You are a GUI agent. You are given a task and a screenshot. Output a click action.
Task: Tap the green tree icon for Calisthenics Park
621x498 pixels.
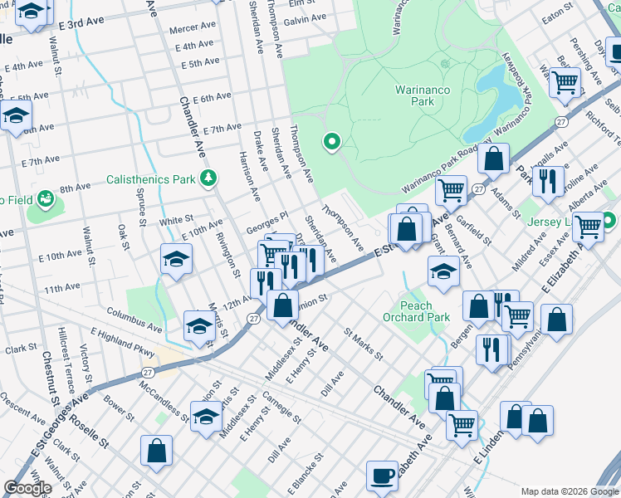[210, 178]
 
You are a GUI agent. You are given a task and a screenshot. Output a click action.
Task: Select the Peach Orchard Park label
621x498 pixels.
[416, 310]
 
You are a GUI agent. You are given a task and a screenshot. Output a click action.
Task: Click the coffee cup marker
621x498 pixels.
[382, 475]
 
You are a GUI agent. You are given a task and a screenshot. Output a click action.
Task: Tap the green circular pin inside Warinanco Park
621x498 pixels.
[332, 143]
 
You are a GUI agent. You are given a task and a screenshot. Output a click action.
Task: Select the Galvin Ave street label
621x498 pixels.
[305, 19]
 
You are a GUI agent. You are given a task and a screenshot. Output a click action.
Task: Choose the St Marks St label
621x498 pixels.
[363, 345]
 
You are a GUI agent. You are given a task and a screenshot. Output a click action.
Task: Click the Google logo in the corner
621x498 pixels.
[27, 488]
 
